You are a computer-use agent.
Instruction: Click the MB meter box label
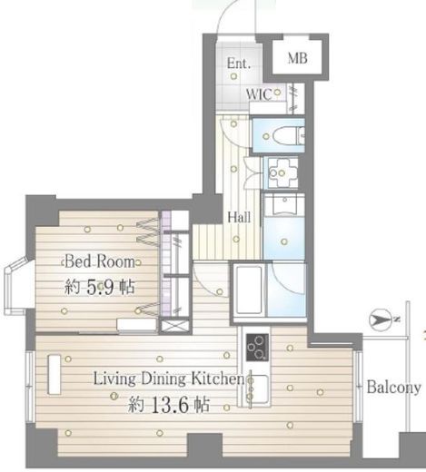click(x=297, y=58)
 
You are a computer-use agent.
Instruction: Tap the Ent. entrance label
click(x=239, y=64)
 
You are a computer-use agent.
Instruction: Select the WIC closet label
click(x=259, y=94)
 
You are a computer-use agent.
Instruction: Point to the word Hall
click(x=239, y=217)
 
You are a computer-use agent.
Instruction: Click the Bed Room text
click(x=100, y=261)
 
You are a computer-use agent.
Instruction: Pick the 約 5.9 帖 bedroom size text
click(x=99, y=287)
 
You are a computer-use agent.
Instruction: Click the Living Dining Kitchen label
click(x=168, y=379)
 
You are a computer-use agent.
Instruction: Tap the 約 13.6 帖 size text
click(x=169, y=405)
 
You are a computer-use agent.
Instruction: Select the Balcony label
click(x=393, y=387)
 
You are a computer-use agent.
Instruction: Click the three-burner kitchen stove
click(x=257, y=348)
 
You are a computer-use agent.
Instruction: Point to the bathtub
click(x=248, y=290)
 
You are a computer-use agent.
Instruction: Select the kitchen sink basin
click(x=258, y=389)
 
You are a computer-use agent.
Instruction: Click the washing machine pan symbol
click(x=282, y=172)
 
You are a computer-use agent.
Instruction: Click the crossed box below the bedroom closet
click(x=175, y=326)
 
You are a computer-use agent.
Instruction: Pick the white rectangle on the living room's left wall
click(x=54, y=374)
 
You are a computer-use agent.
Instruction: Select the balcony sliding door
click(x=359, y=387)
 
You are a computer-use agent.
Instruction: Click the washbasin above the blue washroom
click(x=285, y=204)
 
